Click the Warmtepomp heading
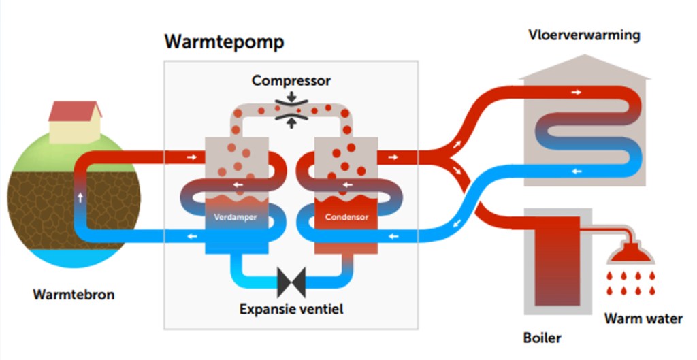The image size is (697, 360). pos(224,42)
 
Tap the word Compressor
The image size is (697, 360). pos(291,81)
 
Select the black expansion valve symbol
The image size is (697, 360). pos(291,279)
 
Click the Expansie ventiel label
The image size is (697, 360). pos(291,309)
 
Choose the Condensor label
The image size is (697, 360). pos(346,218)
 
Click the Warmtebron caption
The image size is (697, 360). pos(74,295)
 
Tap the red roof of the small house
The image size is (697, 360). pos(75,110)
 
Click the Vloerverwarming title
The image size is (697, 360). pos(584,35)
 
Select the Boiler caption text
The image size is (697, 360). pos(542,337)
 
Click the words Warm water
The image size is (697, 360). pos(643,318)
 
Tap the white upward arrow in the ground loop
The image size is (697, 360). pos(80,197)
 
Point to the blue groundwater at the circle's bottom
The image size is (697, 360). pos(74,257)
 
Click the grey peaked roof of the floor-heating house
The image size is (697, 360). pos(584,67)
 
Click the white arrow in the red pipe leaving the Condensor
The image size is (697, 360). pos(393,157)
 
